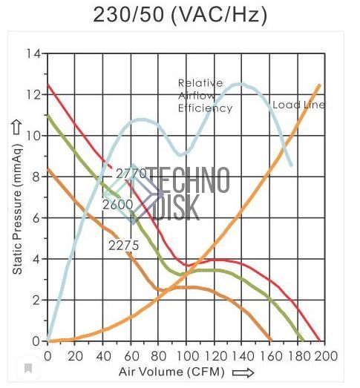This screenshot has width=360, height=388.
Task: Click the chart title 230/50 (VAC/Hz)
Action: point(180,14)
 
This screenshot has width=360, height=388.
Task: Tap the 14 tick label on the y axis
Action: point(34,53)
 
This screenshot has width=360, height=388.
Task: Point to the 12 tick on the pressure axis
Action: point(34,94)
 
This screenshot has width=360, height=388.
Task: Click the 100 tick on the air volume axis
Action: point(186,356)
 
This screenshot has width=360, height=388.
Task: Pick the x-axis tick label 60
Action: point(131,356)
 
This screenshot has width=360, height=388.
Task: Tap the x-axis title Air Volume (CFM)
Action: point(171,372)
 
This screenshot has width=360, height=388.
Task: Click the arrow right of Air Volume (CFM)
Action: point(243,372)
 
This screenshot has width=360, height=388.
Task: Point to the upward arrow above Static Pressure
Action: point(17,128)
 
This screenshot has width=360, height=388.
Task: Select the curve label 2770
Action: point(131,174)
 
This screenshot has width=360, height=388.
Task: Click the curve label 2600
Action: point(118,205)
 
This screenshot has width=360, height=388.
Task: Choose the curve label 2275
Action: point(123,246)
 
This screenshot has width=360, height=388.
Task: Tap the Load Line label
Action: point(299,105)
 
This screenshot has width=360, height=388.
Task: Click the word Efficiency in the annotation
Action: point(206,108)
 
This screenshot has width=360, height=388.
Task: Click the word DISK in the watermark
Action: point(177,208)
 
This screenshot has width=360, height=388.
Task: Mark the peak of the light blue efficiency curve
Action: point(240,85)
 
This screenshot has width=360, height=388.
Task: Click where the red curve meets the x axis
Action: point(319,341)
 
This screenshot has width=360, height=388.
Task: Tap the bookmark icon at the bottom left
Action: point(28,369)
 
